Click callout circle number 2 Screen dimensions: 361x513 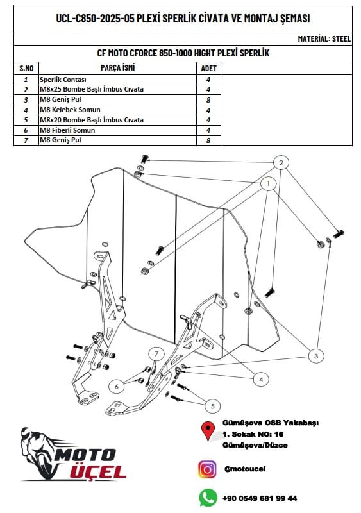281,163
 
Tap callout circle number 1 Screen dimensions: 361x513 269,183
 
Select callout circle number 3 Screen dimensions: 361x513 316,356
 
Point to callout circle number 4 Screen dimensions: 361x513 261,380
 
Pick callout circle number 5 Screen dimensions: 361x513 213,406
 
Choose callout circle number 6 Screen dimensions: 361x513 117,387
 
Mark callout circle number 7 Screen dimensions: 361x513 156,354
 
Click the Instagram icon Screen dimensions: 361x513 207,469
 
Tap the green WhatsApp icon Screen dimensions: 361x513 208,498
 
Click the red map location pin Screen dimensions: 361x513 208,430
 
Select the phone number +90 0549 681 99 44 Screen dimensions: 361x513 260,498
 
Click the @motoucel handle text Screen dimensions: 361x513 245,469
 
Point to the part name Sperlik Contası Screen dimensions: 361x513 63,80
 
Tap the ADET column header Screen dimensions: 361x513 209,69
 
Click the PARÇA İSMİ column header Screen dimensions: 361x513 117,68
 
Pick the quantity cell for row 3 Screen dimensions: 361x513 208,100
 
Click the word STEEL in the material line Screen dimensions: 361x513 341,39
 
